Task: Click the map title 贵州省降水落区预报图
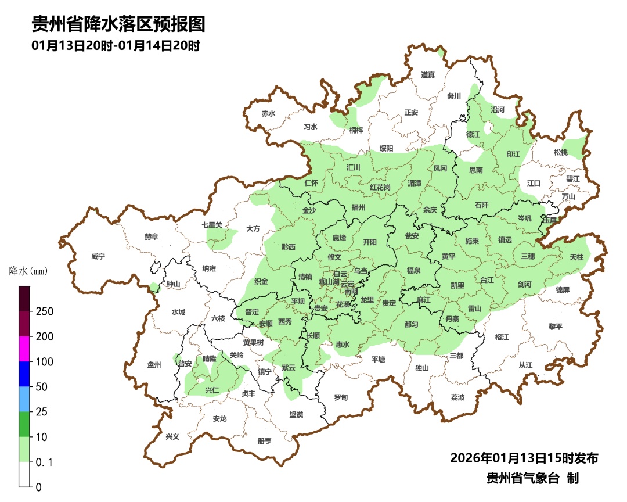(x=118, y=24)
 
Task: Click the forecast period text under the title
(x=116, y=46)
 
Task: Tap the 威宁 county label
(x=99, y=256)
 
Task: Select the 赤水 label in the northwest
(x=268, y=114)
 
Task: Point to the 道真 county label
(x=428, y=75)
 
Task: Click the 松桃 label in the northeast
(x=560, y=152)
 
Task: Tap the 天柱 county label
(x=576, y=256)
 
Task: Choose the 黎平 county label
(x=556, y=327)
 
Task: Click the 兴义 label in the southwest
(x=172, y=436)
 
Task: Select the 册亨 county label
(x=264, y=441)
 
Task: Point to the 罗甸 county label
(x=341, y=397)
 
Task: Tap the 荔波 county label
(x=458, y=397)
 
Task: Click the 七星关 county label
(x=212, y=225)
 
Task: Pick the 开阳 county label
(x=369, y=242)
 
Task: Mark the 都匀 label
(x=411, y=324)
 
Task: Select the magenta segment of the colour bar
(x=24, y=349)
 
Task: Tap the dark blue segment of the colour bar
(x=24, y=374)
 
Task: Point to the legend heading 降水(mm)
(x=27, y=271)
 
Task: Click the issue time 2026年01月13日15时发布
(x=524, y=458)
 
